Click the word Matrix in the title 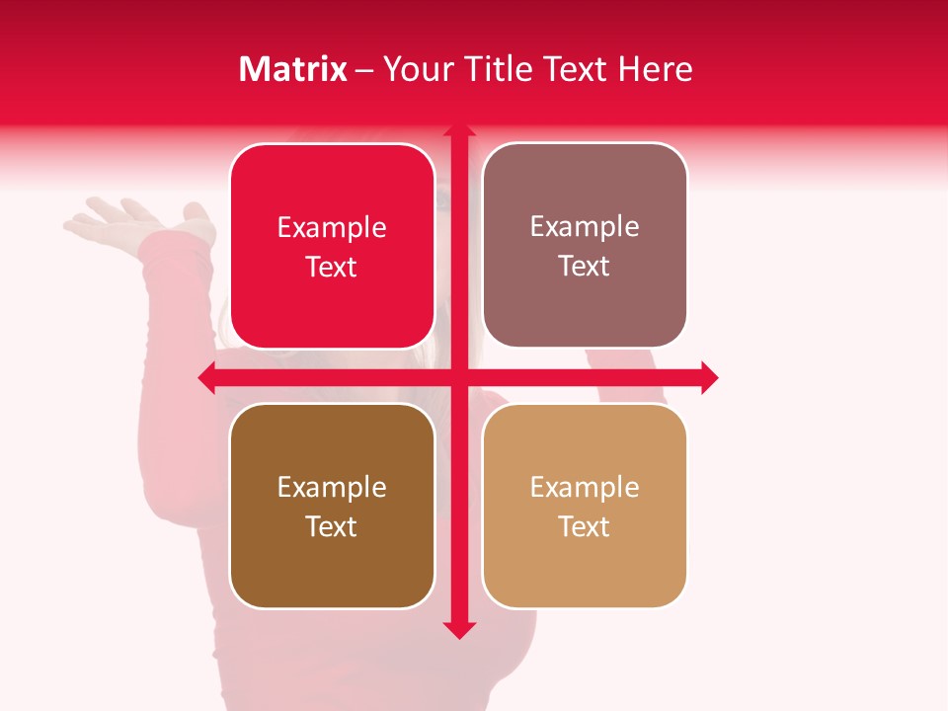293,69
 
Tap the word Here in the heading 656,69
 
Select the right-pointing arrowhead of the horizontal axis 709,377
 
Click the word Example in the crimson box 332,228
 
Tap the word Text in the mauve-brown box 585,267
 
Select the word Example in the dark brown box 332,488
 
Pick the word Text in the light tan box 585,526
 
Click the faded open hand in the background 128,222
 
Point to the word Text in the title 576,69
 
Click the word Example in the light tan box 585,487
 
